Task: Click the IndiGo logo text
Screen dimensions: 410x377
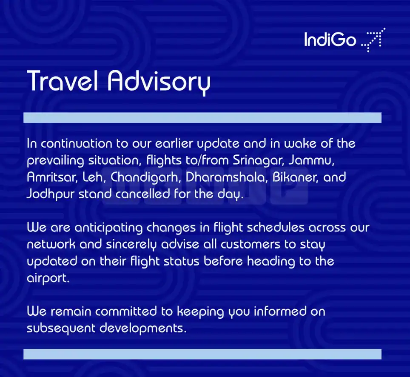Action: pyautogui.click(x=330, y=40)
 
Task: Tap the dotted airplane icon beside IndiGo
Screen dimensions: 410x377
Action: pyautogui.click(x=373, y=40)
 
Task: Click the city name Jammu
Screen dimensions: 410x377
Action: pyautogui.click(x=311, y=160)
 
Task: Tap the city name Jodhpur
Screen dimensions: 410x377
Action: pyautogui.click(x=51, y=194)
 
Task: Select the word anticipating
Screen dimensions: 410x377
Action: pyautogui.click(x=108, y=228)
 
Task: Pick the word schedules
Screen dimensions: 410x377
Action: pyautogui.click(x=276, y=228)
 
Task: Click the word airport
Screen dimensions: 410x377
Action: pyautogui.click(x=48, y=278)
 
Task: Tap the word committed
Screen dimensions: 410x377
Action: pyautogui.click(x=126, y=311)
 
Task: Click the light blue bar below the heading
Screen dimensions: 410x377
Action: pyautogui.click(x=202, y=118)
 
